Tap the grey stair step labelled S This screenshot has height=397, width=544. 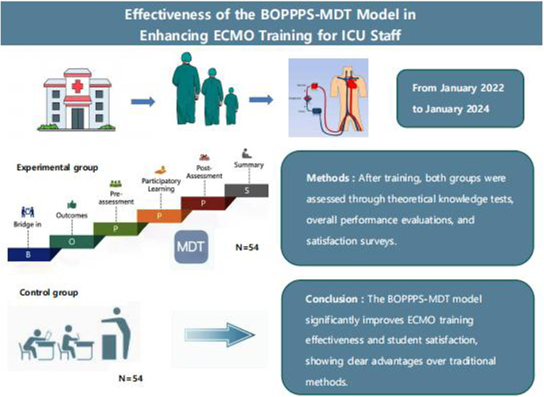(x=247, y=190)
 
